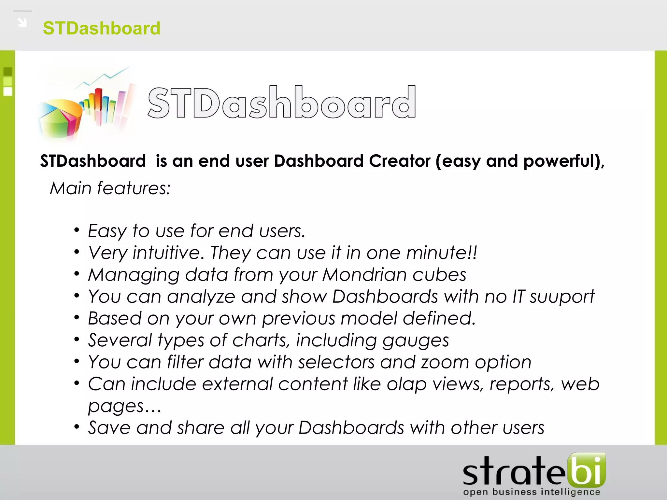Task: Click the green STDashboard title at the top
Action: (102, 28)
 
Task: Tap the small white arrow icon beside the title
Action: (22, 22)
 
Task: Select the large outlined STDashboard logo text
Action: (282, 103)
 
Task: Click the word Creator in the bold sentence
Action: (400, 161)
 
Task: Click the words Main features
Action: (110, 188)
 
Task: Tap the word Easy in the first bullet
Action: (107, 231)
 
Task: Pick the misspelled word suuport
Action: (562, 297)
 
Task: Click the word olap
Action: (406, 384)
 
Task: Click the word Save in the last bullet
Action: (109, 428)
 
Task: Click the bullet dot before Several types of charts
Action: (77, 340)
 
